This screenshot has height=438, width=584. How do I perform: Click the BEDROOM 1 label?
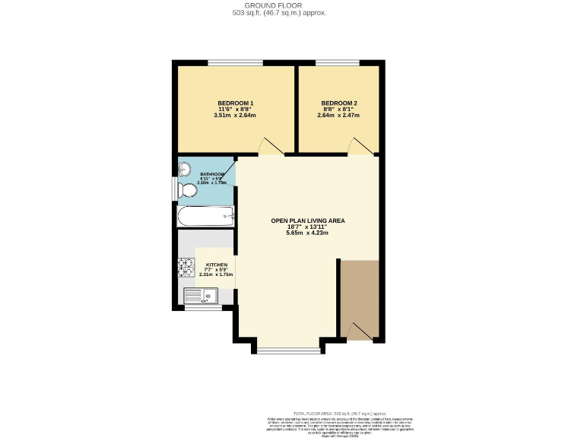click(235, 103)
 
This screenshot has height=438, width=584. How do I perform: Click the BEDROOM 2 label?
click(338, 103)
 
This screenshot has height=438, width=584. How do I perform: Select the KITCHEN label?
click(216, 265)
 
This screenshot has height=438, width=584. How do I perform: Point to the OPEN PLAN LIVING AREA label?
click(307, 221)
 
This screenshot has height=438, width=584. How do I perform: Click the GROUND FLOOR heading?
click(291, 5)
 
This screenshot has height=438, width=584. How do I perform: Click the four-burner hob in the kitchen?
click(186, 267)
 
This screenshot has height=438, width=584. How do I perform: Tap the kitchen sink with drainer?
click(202, 295)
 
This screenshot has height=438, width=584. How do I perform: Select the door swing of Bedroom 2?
click(358, 146)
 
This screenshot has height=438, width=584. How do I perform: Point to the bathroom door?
click(227, 168)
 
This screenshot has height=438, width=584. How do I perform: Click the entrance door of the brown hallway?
click(361, 331)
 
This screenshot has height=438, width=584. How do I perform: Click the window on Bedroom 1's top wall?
click(236, 62)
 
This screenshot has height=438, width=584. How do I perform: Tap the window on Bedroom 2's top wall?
click(338, 62)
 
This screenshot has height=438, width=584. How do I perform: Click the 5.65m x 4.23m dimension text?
click(307, 233)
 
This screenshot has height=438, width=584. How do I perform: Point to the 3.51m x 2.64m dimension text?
click(235, 116)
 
